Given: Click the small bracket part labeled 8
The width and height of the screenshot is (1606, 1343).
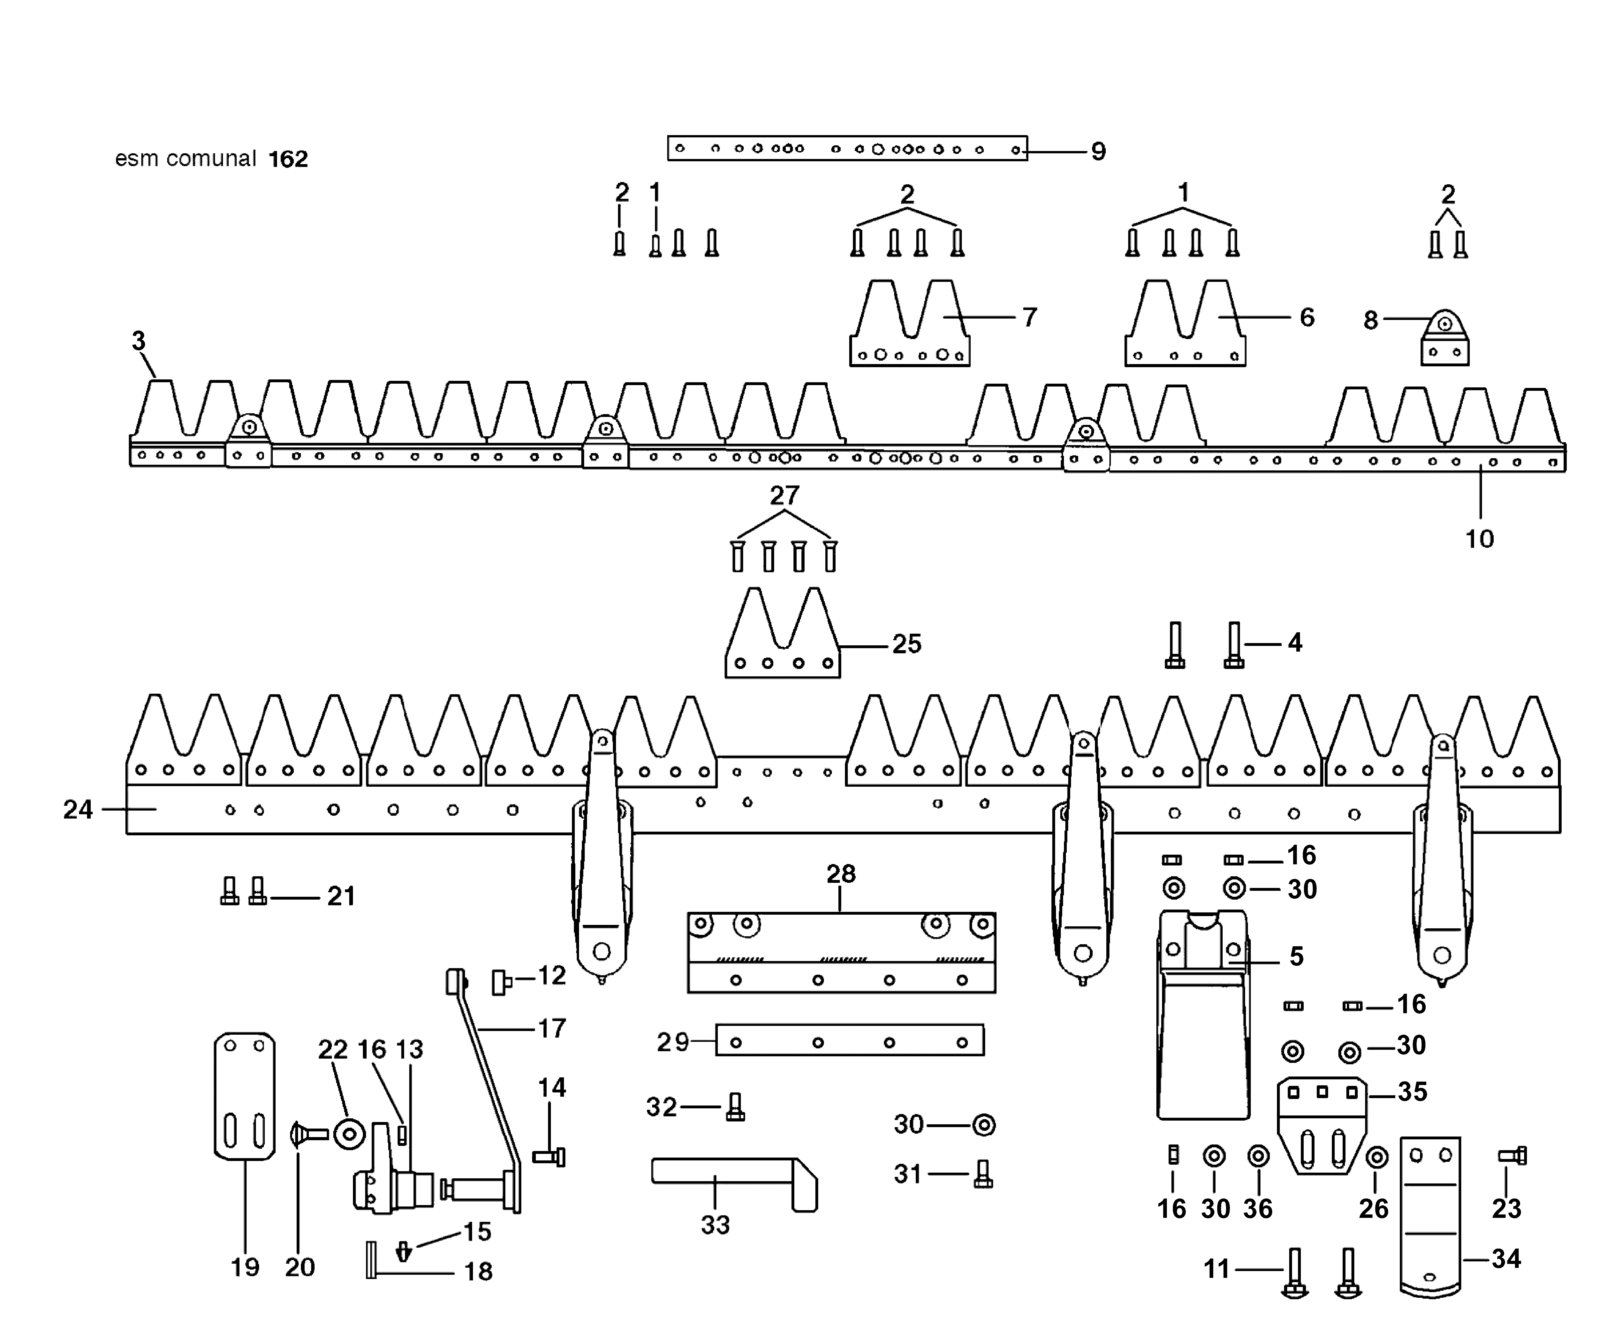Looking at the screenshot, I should pos(1445,340).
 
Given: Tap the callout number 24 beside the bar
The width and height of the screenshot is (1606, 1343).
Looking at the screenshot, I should pos(78,809).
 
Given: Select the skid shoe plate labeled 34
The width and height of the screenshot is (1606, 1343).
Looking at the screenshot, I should pos(1430,1216).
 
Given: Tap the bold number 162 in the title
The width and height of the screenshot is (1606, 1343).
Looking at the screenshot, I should pos(288,159).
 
